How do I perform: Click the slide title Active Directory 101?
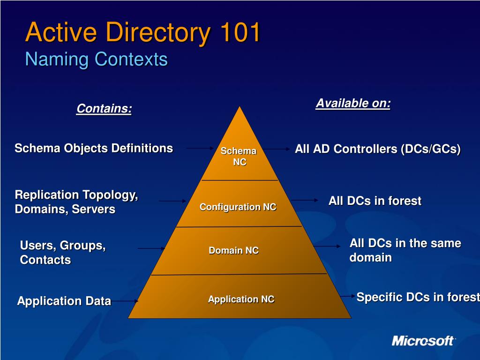pos(142,32)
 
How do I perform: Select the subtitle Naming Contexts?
pos(96,60)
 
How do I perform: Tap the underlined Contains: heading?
pos(104,109)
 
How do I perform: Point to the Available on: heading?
pos(353,103)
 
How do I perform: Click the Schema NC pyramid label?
pos(239,157)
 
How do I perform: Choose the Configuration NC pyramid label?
pos(238,207)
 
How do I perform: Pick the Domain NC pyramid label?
pos(233,250)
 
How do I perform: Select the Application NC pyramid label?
pos(241,299)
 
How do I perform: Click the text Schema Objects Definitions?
pos(94,149)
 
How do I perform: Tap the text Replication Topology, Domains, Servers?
pos(76,202)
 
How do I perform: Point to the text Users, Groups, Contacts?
pos(63,252)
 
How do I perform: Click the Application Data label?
pos(64,301)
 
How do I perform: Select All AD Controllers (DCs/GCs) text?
pos(378,149)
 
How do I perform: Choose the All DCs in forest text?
pos(375,201)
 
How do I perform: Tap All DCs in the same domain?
pos(405,250)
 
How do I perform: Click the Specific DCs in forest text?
pos(418,297)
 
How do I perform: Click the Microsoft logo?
pos(423,340)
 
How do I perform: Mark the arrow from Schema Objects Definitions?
pos(200,148)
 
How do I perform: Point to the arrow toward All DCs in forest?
pos(305,200)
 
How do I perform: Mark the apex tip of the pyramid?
pos(240,107)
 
